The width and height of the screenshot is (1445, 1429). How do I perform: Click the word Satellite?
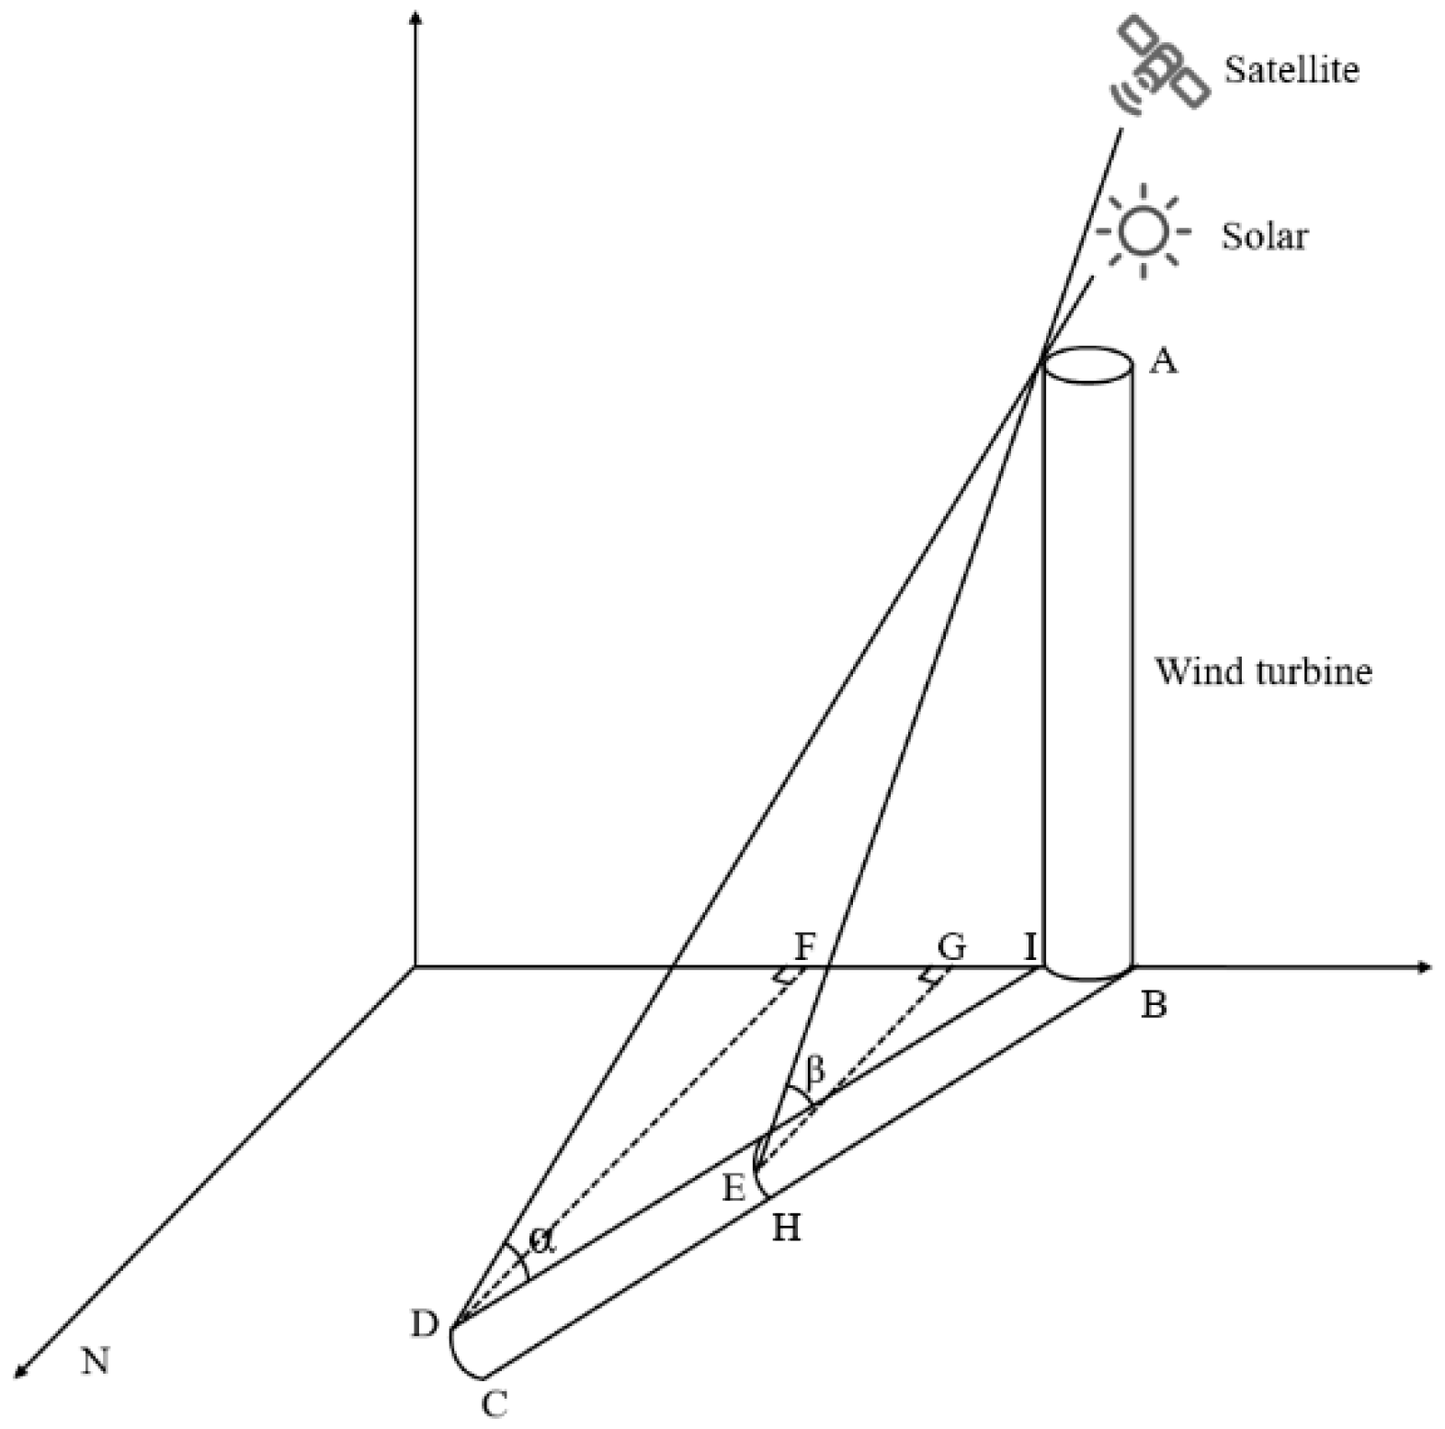[1291, 70]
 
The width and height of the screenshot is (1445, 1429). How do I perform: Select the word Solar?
[1264, 236]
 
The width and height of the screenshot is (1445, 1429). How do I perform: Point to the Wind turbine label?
[1263, 671]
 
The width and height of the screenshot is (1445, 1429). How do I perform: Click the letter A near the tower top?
[1164, 361]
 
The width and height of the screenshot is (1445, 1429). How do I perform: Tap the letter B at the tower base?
[1154, 1005]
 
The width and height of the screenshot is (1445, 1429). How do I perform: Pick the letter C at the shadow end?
[495, 1404]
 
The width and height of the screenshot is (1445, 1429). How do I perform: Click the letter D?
[425, 1325]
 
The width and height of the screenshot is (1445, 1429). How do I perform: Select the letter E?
[733, 1189]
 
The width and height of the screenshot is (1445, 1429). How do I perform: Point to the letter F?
[804, 945]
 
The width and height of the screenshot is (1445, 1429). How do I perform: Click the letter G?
[951, 945]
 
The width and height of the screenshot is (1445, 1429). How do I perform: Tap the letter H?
[786, 1227]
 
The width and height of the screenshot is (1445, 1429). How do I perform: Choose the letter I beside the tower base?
[1030, 945]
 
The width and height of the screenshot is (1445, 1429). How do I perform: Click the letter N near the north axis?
[96, 1360]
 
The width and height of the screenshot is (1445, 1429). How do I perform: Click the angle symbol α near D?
[542, 1240]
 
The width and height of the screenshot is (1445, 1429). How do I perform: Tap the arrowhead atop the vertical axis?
[417, 17]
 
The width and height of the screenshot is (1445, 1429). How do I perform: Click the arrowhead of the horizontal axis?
[1425, 966]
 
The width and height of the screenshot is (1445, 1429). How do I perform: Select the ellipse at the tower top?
[1087, 365]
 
